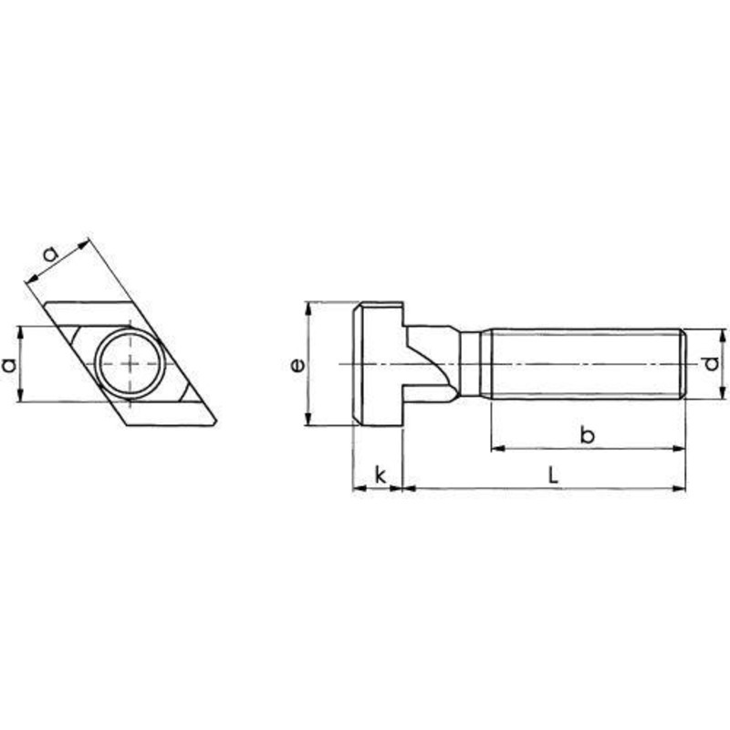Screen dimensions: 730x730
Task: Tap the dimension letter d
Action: click(x=712, y=363)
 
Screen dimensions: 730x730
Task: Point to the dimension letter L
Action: click(x=553, y=475)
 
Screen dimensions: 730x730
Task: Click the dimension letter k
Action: click(x=381, y=475)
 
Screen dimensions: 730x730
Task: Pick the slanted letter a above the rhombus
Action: click(x=51, y=254)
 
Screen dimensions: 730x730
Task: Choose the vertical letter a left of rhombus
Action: click(x=9, y=364)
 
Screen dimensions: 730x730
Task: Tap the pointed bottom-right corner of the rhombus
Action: click(x=216, y=422)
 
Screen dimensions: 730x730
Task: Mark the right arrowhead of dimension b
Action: click(x=680, y=448)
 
